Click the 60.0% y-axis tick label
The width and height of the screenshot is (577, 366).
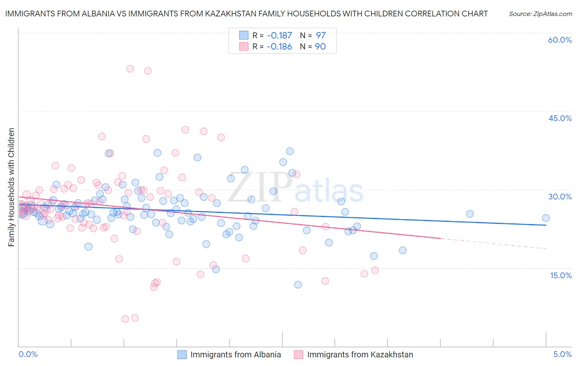[x=560, y=40]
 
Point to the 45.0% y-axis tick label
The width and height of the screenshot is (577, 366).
[x=560, y=119]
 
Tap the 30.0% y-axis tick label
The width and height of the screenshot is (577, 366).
[x=560, y=197]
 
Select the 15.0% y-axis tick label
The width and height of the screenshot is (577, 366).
[x=561, y=275]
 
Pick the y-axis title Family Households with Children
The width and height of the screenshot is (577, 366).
[x=11, y=187]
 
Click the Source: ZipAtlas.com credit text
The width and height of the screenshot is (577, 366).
[x=540, y=14]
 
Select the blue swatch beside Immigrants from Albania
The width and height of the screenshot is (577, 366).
[x=182, y=355]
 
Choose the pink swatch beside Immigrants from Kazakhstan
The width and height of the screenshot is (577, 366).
[x=298, y=355]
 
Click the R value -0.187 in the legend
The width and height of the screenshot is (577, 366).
[x=279, y=36]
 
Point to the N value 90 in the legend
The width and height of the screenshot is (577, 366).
[x=320, y=47]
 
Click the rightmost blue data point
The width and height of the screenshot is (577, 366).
[x=545, y=218]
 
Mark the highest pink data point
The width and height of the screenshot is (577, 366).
[x=130, y=69]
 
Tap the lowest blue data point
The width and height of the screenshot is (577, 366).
[x=298, y=285]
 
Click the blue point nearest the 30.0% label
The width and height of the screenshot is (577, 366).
[x=470, y=214]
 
